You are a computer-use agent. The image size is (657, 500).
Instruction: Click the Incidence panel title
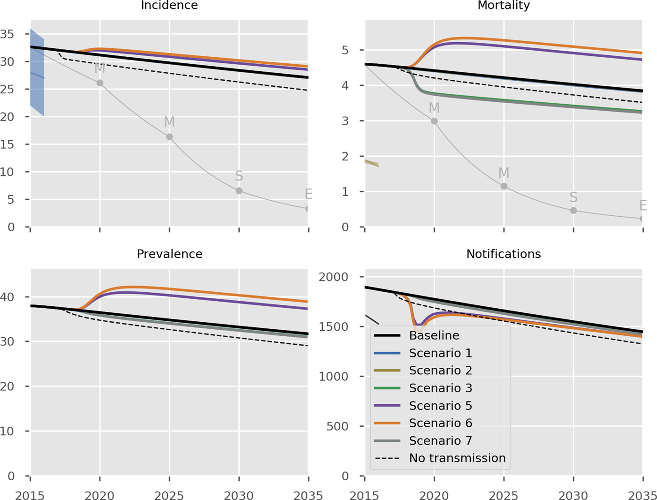click(x=169, y=5)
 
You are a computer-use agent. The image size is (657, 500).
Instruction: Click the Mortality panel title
click(x=504, y=5)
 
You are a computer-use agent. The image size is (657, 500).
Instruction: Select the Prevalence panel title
click(x=169, y=254)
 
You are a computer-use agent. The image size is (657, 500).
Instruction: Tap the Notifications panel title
click(x=504, y=254)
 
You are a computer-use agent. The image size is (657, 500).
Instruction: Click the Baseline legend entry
click(x=434, y=335)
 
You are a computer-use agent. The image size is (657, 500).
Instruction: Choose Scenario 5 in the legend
click(x=440, y=405)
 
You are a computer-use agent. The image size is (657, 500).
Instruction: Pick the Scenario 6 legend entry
click(x=440, y=423)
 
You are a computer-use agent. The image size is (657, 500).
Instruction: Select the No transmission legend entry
click(x=457, y=458)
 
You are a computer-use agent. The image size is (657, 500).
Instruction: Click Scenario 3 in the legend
click(x=440, y=388)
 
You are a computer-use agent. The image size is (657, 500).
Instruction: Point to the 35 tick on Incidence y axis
click(x=8, y=34)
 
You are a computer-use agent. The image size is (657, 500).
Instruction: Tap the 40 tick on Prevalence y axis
click(x=8, y=297)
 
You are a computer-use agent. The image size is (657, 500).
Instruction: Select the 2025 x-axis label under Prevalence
click(x=169, y=495)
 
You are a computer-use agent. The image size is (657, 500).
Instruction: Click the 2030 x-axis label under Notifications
click(x=573, y=495)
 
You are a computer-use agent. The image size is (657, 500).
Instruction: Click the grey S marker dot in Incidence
click(x=239, y=191)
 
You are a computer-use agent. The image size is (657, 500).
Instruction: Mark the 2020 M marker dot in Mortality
click(x=434, y=121)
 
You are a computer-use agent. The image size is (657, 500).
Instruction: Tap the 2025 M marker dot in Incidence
click(x=169, y=137)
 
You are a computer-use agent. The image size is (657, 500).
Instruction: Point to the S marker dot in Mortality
click(x=573, y=211)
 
